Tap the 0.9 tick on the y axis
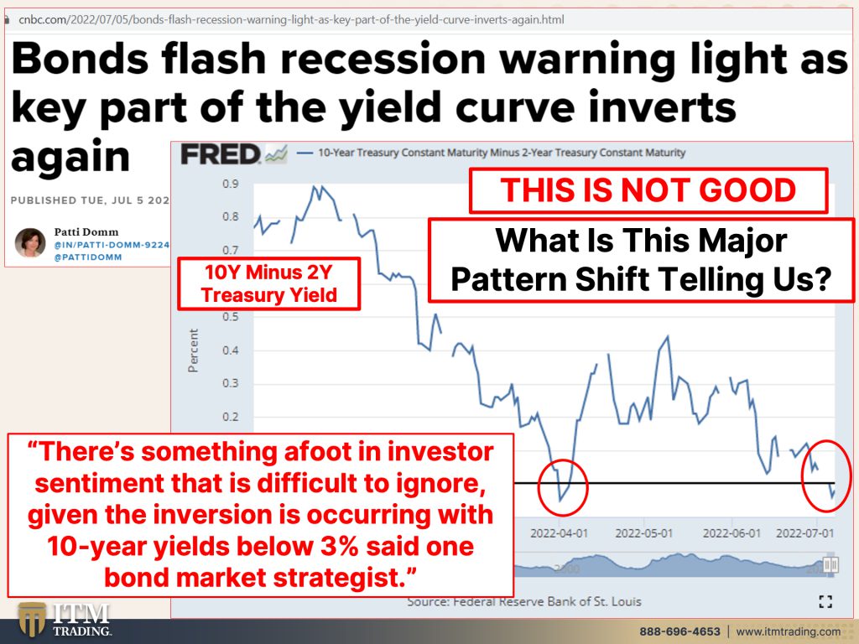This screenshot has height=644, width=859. pos(231,184)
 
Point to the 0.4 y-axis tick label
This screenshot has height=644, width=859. pos(231,350)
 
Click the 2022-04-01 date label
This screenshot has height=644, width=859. pos(559,532)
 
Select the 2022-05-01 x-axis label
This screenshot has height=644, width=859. pos(643,532)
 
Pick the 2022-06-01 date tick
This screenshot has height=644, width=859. pos(731,532)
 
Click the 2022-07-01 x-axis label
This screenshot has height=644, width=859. pos(804,532)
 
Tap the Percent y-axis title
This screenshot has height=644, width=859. pos(193,351)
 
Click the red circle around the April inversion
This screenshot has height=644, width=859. pos(539,487)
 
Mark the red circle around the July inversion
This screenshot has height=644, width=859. pos(803,476)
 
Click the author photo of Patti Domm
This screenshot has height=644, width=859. pos(30,242)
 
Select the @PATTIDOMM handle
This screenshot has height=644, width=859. pos(87,257)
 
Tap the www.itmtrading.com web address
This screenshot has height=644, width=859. pos(788,631)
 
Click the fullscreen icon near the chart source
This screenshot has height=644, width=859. pos(825,602)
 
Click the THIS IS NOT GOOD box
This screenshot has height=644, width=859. pos(648,190)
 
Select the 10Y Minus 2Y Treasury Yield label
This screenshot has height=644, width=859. pos(269,283)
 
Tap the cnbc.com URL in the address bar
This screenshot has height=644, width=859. pos(291,20)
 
